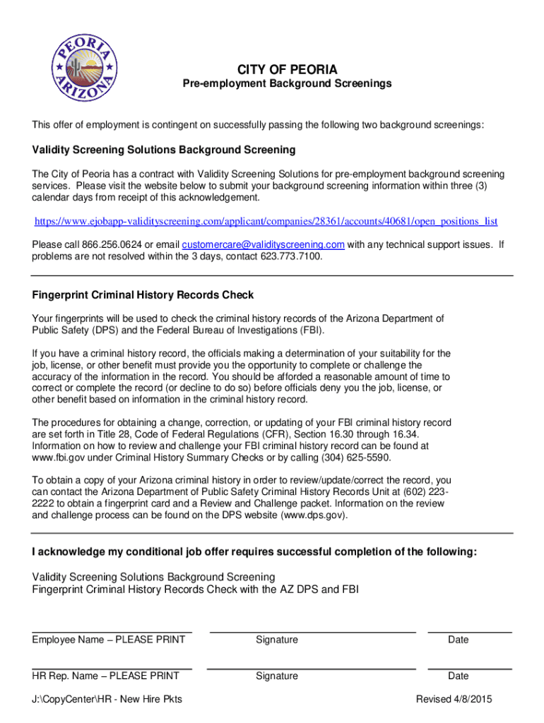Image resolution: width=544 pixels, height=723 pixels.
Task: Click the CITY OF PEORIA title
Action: point(287,69)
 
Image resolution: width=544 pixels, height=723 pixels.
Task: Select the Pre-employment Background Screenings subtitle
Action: point(287,84)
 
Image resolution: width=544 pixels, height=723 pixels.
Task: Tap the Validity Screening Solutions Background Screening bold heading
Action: point(164,150)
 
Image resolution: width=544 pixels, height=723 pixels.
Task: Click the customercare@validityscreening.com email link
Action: point(263,244)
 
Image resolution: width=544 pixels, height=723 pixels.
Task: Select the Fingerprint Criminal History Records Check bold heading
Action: point(143,295)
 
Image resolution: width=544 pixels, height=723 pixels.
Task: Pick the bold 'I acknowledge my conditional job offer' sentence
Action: point(254,551)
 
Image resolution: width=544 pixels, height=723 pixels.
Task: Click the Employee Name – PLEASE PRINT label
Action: point(109,640)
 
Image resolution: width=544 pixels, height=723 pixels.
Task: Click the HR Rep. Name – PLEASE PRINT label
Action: point(105,676)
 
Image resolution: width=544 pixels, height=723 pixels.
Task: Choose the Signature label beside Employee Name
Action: point(277,640)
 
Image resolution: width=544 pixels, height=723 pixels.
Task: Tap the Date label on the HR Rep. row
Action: point(458,676)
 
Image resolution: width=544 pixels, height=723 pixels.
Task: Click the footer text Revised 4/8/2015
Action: point(454,699)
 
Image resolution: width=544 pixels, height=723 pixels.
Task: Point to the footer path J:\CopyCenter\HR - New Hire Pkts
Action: point(107,699)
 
